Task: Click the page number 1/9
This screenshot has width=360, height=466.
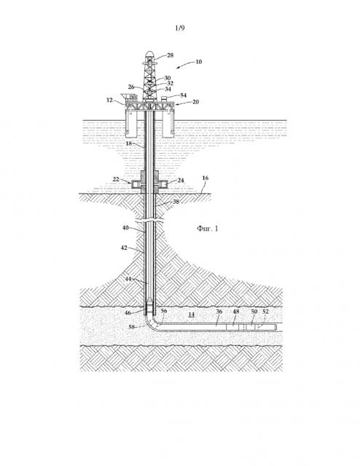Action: tap(180, 28)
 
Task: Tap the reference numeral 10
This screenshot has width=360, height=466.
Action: tap(198, 62)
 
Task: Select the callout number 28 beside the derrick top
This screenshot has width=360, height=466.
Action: tap(170, 55)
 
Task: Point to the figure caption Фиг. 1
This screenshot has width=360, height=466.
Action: tap(208, 228)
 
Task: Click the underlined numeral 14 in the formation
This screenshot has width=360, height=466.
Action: tap(192, 315)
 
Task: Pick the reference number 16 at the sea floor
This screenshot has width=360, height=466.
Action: tap(206, 178)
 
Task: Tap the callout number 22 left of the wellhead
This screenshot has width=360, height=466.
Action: tap(116, 179)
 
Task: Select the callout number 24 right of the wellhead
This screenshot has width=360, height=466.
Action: tap(181, 181)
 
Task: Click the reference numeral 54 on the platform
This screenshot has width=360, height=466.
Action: tap(183, 95)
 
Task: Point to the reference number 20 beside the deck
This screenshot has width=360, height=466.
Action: tap(195, 102)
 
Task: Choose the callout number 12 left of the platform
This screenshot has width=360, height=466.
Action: tap(109, 100)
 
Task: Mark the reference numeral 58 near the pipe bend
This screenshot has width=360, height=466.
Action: tap(132, 327)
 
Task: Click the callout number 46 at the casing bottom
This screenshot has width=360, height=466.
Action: tap(128, 313)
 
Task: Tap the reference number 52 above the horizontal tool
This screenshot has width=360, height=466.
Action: tap(265, 312)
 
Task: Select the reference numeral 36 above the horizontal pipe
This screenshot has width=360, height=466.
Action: tap(219, 312)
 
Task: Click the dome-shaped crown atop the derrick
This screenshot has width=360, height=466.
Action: tap(150, 54)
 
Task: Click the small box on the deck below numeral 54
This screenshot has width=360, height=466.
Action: tap(164, 99)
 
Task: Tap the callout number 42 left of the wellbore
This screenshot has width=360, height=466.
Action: tap(124, 248)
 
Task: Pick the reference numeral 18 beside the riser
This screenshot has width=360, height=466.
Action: tap(128, 143)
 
